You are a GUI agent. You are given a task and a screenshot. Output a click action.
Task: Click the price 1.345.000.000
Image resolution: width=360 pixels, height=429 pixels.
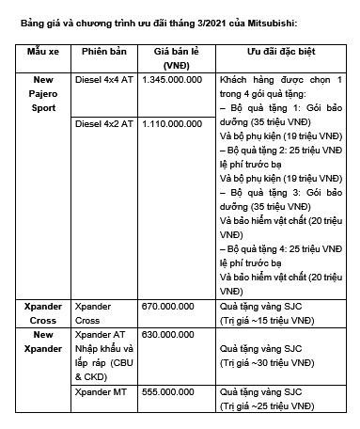pos(170,82)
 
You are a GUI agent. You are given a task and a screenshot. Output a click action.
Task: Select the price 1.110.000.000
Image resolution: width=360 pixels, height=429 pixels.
pos(170,123)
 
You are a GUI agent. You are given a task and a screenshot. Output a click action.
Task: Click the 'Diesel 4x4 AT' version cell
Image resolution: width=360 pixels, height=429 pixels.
pos(103,82)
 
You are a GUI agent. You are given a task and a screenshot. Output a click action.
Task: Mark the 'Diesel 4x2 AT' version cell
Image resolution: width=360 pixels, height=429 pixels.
pos(103,123)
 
